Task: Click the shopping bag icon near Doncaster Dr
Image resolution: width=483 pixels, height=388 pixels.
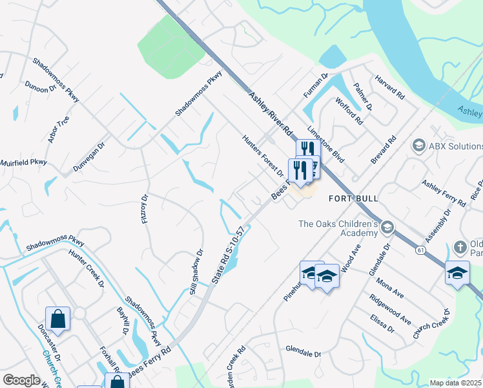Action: point(57,319)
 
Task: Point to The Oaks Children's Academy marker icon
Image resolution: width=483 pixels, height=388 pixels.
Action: point(387,227)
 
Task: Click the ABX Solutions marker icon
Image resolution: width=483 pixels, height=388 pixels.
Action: point(418,146)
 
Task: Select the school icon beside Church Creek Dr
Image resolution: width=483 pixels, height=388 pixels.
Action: point(457,272)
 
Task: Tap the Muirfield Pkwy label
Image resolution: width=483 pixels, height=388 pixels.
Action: point(24,162)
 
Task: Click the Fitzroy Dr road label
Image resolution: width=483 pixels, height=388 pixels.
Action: point(145,210)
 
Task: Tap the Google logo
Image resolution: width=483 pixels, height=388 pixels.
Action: point(21,380)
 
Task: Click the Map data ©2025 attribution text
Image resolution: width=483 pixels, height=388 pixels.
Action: point(455,383)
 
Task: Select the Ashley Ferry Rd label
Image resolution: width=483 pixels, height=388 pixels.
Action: point(444,193)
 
